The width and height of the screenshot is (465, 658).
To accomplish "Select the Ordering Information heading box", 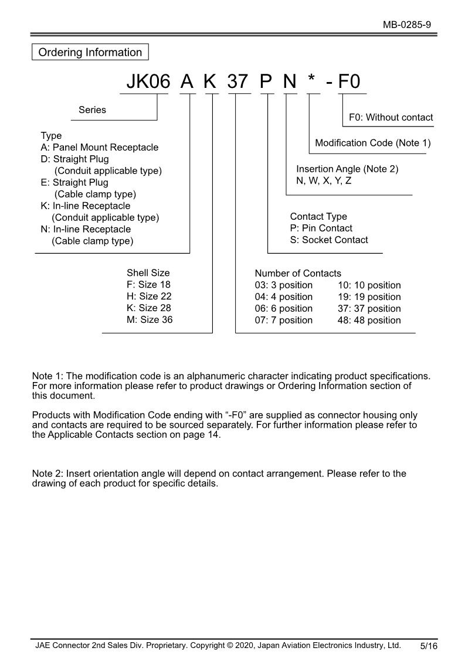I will (90, 52).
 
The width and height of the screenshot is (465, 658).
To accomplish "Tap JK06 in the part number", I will (148, 82).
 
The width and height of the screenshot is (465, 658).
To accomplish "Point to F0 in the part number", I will (350, 82).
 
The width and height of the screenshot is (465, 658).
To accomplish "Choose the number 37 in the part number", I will (238, 82).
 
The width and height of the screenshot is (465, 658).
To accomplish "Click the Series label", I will (93, 110).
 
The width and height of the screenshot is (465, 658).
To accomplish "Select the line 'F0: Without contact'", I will (391, 117).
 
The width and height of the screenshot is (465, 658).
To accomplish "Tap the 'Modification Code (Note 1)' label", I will (373, 143).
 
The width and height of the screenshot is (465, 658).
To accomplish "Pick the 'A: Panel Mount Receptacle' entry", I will (100, 147).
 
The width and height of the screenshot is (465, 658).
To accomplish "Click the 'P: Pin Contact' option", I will (321, 228).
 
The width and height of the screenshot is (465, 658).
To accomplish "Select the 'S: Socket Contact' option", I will (329, 240).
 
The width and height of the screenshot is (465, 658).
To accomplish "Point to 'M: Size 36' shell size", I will (150, 319).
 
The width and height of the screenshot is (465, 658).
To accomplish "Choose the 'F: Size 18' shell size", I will (148, 285).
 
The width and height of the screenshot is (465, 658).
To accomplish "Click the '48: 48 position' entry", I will (369, 320).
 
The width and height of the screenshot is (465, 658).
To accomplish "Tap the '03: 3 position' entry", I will (284, 285).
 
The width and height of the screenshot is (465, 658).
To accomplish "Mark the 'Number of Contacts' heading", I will (298, 274).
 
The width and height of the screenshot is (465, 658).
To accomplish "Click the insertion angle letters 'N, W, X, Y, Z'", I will (324, 180).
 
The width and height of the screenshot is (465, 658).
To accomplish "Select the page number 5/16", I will (429, 646).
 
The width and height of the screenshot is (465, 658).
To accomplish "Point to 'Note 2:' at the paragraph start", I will (48, 473).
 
